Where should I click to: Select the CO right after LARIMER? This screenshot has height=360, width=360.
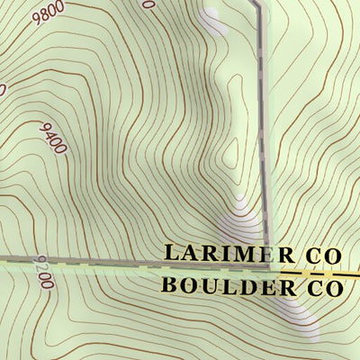pos(323,256)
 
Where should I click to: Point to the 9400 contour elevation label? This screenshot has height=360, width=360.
pos(53,138)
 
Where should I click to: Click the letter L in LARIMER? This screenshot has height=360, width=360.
pos(171,254)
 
